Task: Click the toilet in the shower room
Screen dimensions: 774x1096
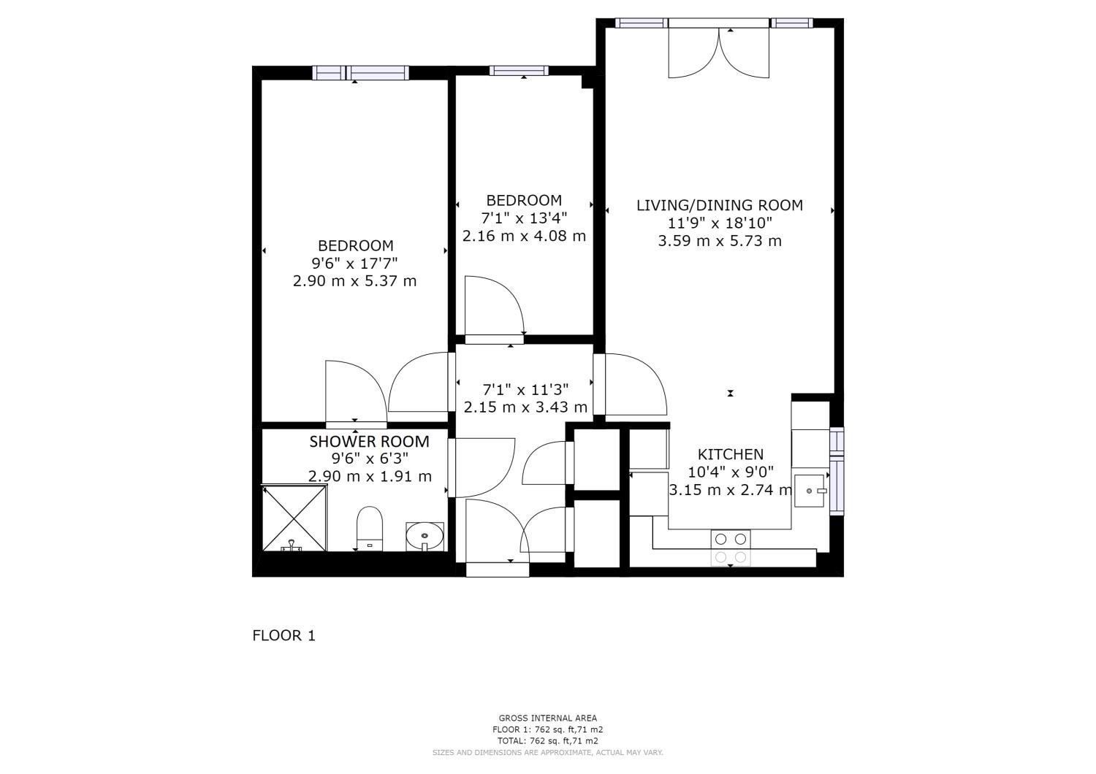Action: pos(370,528)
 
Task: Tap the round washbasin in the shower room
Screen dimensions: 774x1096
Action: pos(425,536)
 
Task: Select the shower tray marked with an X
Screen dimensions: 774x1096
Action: pos(294,518)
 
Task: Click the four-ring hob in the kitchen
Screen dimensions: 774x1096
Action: pos(731,548)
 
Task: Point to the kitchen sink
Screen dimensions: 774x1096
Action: pos(810,491)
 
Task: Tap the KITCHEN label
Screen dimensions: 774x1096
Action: pos(730,454)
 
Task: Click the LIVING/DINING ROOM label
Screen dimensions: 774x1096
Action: pos(720,205)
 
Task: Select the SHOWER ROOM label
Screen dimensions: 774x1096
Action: pos(369,442)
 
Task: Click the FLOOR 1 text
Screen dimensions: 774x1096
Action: pos(283,635)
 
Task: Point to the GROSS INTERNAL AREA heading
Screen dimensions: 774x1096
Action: pos(547,718)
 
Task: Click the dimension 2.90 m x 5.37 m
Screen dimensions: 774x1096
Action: pos(354,280)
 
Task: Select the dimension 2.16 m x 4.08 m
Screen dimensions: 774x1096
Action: pos(524,236)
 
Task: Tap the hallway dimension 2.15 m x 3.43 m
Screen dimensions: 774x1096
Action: pos(525,407)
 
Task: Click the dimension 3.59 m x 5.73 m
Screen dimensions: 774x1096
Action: pos(720,241)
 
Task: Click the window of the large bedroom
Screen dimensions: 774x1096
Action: pos(361,72)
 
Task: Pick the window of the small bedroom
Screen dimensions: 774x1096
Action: pos(519,71)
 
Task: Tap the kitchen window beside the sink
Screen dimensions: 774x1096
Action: pos(837,471)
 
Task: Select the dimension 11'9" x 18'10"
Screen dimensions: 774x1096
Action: pos(720,223)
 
